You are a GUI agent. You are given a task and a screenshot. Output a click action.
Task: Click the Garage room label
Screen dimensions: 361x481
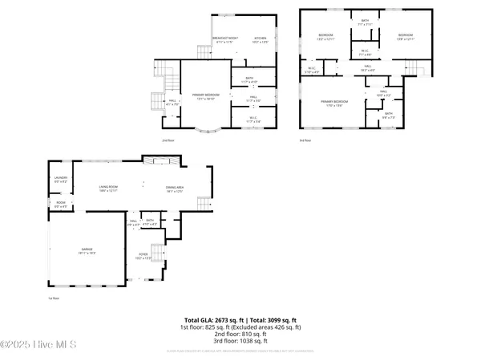[x=87, y=252]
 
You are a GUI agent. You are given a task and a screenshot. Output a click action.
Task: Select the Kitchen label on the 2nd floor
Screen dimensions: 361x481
[x=261, y=39]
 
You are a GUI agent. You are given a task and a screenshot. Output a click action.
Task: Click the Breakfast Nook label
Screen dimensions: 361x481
[x=227, y=39]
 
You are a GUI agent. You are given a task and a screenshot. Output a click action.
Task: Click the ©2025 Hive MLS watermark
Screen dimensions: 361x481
[x=38, y=344]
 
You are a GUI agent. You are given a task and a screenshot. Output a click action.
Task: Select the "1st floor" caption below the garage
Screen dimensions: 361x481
[x=53, y=297]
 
